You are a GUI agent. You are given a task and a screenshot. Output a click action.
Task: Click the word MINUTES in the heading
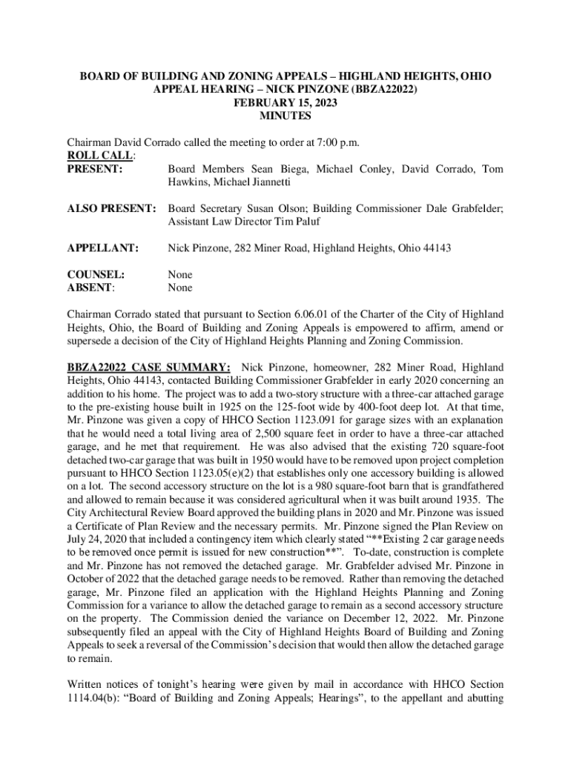[x=285, y=116]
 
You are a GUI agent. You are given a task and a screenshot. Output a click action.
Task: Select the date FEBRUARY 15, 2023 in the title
[x=285, y=103]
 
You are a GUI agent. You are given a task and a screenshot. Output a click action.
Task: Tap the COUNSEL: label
[x=96, y=274]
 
